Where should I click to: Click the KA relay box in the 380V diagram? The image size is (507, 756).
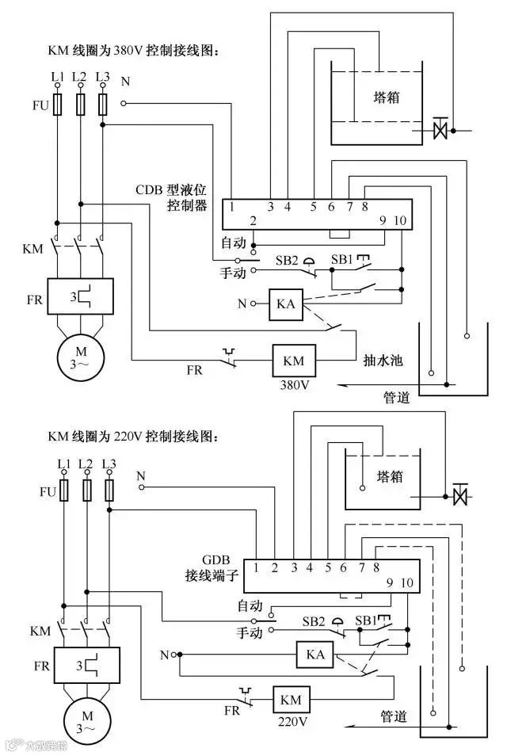point(284,304)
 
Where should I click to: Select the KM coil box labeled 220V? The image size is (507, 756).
point(291,700)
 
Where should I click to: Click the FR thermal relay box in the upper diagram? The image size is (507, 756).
point(79,297)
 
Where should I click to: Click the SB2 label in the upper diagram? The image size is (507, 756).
point(287,261)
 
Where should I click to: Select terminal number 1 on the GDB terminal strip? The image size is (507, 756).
point(257,567)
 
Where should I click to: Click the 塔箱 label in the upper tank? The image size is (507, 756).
point(386,97)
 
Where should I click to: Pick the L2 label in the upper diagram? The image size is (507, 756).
point(79,77)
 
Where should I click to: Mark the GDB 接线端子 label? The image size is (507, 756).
point(208,563)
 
